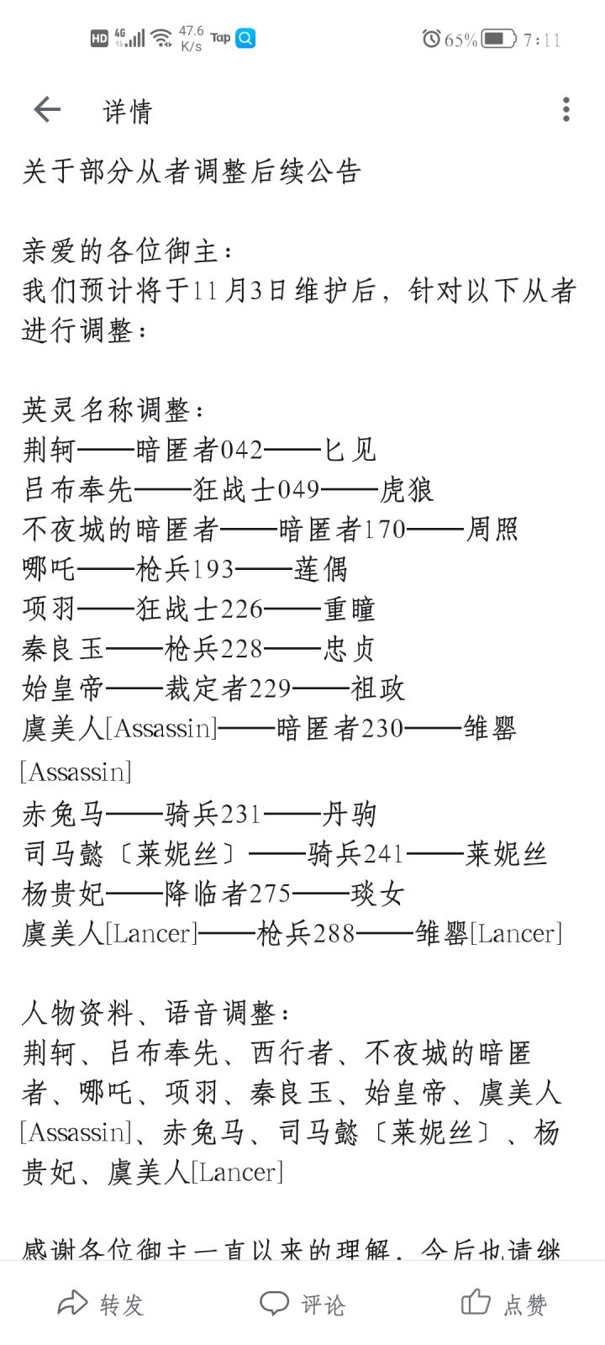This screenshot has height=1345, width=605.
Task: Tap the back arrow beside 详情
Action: (47, 110)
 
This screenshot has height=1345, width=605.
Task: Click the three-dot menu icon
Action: (566, 109)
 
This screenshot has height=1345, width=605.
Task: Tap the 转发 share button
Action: (101, 1304)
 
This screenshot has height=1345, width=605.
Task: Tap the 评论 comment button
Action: (302, 1304)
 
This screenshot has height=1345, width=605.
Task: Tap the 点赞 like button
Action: (504, 1303)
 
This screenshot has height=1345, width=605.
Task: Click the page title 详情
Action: (127, 111)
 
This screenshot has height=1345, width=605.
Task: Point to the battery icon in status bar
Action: (499, 40)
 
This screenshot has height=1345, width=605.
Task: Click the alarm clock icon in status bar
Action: (432, 39)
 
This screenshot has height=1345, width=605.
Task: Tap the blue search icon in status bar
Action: (245, 39)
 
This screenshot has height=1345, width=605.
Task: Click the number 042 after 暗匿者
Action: (242, 451)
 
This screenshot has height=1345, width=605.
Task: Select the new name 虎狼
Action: (406, 490)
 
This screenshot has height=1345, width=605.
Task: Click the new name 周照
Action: (492, 530)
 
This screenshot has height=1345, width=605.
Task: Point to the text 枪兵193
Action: (184, 569)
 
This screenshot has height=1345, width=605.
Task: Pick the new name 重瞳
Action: (350, 609)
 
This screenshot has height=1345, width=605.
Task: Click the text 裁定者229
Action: (228, 688)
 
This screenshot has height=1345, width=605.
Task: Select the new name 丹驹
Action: (350, 815)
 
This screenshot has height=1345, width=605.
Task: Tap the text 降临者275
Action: (228, 894)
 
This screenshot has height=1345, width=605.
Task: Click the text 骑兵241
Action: (356, 854)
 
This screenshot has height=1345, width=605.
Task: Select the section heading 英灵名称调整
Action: (106, 410)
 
